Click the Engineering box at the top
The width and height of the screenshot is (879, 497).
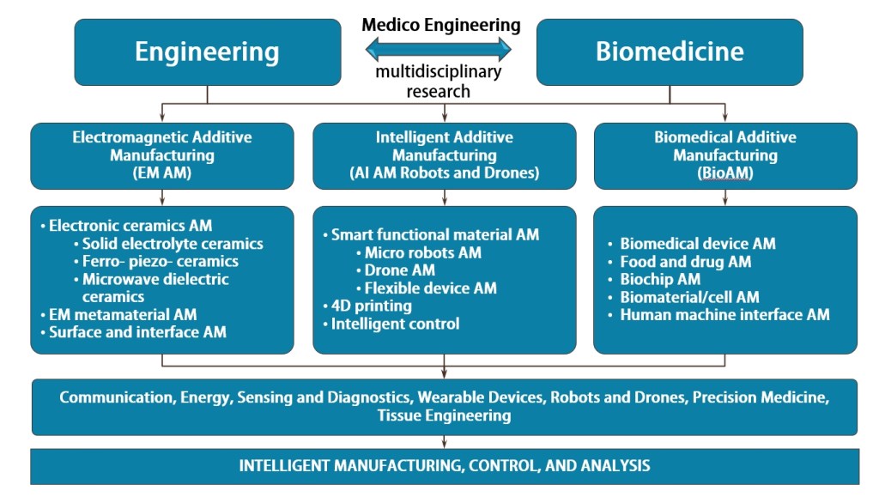click(207, 52)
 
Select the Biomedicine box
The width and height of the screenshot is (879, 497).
click(670, 52)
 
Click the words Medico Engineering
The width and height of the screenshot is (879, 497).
click(441, 25)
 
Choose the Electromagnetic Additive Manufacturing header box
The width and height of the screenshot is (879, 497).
click(163, 155)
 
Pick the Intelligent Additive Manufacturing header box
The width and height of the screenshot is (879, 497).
click(444, 155)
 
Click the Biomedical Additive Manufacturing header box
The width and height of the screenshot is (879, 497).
click(724, 155)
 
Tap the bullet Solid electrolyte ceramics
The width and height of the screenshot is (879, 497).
click(173, 244)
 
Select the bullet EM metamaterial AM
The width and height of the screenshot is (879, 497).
click(123, 314)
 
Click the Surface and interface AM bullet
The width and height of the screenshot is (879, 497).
click(137, 331)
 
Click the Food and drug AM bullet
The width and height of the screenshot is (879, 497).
click(685, 262)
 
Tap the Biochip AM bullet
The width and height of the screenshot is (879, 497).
click(660, 279)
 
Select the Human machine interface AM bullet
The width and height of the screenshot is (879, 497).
click(724, 314)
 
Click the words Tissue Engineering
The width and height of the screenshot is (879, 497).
click(444, 415)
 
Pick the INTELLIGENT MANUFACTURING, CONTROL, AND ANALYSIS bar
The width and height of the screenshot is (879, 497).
click(444, 466)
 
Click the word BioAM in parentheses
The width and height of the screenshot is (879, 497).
click(725, 173)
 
